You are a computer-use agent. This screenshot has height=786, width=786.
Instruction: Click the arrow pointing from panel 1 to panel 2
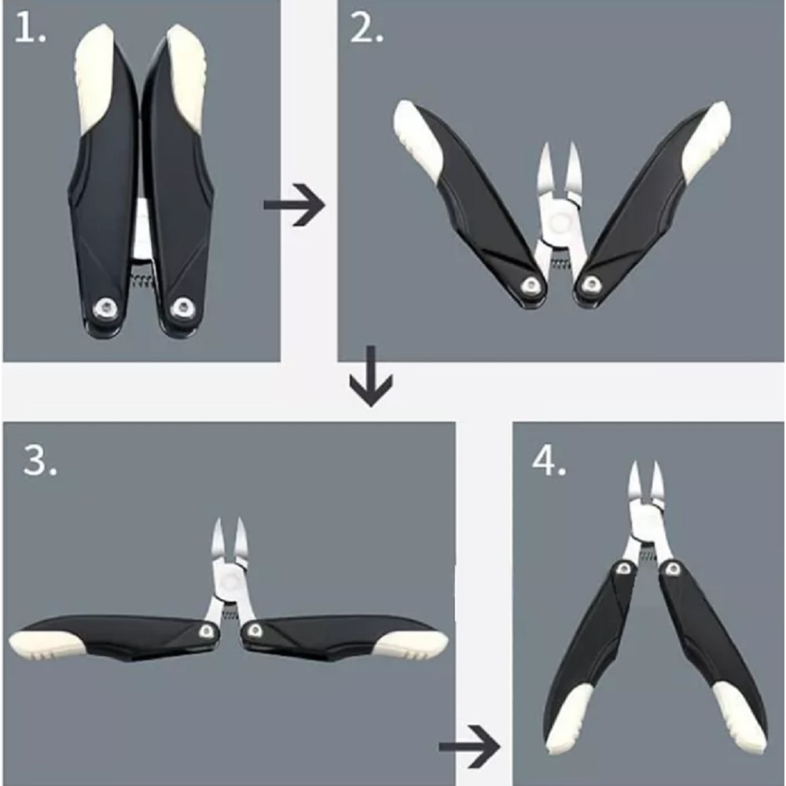click(294, 206)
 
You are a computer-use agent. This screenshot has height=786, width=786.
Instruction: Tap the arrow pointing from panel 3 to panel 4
click(469, 742)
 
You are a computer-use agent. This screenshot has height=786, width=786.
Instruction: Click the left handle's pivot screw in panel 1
click(103, 308)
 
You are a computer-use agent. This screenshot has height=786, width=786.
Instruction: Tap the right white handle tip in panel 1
click(187, 71)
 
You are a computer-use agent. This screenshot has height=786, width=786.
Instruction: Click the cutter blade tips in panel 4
click(644, 476)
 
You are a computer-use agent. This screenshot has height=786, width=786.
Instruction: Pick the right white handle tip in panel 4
click(738, 719)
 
